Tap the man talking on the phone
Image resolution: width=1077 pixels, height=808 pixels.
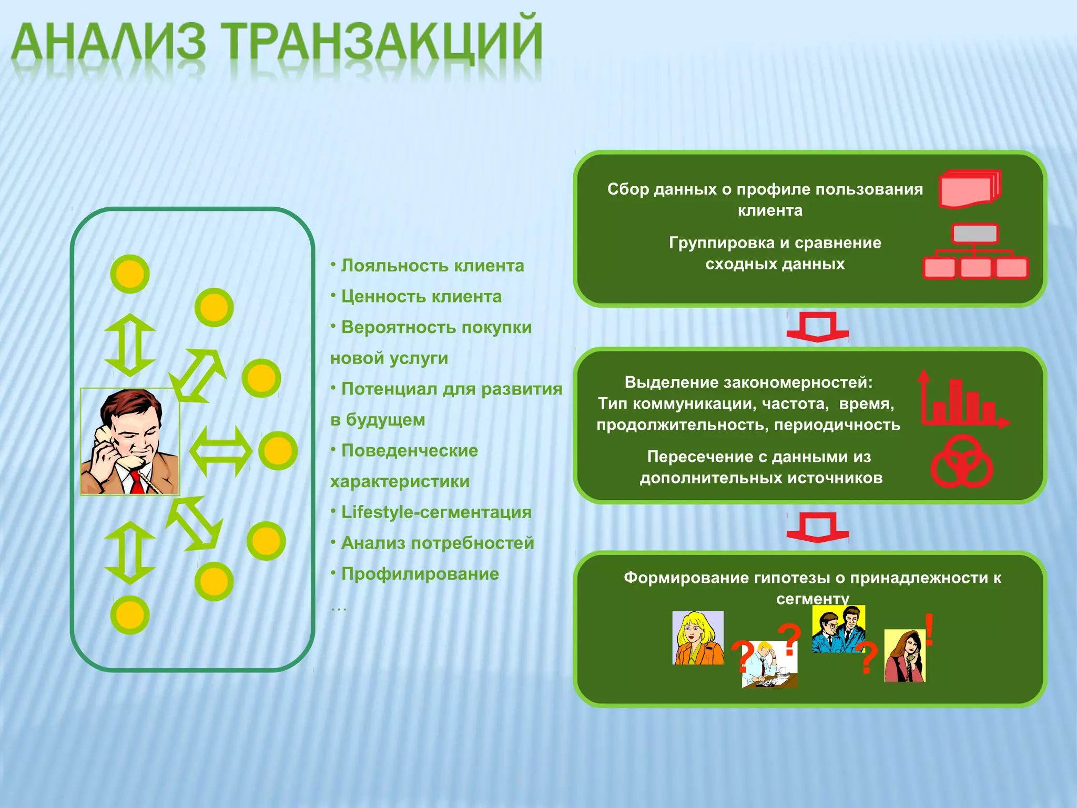pyautogui.click(x=130, y=442)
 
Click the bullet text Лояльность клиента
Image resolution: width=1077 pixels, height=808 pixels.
pyautogui.click(x=432, y=266)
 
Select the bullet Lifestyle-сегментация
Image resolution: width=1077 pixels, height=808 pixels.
pyautogui.click(x=436, y=512)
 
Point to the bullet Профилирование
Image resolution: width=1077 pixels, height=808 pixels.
pyautogui.click(x=420, y=573)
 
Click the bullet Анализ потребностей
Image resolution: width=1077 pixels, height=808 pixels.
pyautogui.click(x=437, y=543)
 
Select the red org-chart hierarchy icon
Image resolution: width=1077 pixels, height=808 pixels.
pyautogui.click(x=976, y=252)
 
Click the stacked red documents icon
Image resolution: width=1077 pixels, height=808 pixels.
pyautogui.click(x=969, y=189)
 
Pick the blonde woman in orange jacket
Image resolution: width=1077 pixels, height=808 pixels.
pyautogui.click(x=698, y=638)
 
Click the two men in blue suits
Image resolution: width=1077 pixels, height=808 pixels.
pyautogui.click(x=838, y=629)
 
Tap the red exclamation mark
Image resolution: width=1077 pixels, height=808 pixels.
pyautogui.click(x=929, y=629)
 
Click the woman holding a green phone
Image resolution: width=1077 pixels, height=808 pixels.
pyautogui.click(x=905, y=656)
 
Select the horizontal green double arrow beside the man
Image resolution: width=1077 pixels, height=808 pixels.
pyautogui.click(x=221, y=451)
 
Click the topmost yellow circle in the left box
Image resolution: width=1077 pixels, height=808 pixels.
pyautogui.click(x=130, y=274)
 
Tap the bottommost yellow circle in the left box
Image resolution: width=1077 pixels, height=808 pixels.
pyautogui.click(x=130, y=614)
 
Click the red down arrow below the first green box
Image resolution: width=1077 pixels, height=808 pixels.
pyautogui.click(x=817, y=328)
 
